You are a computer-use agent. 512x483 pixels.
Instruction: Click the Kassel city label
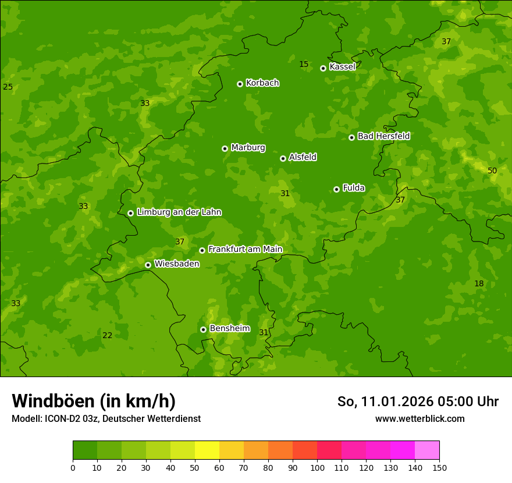pos(342,67)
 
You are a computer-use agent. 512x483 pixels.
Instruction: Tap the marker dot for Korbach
pos(240,84)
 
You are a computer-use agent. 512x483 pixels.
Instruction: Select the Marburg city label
pos(248,148)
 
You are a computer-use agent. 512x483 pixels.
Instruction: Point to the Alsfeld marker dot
pos(283,158)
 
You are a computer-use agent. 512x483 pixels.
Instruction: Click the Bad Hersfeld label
pos(383,136)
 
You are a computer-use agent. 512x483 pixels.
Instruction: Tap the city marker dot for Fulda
pos(336,189)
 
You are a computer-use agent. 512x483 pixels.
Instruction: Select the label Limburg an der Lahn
pos(179,212)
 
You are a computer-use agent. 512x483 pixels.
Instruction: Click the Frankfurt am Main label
pos(245,250)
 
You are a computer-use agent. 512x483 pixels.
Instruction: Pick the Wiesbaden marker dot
pos(148,265)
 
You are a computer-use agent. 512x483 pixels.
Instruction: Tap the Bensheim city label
pos(229,329)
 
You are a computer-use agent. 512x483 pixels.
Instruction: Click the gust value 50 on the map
pos(492,171)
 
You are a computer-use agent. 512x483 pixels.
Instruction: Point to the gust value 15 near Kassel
pos(304,64)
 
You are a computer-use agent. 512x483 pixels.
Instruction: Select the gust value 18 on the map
pos(479,283)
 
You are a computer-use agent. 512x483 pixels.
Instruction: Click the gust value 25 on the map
pos(8,87)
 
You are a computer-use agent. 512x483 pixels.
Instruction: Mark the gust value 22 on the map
pos(107,335)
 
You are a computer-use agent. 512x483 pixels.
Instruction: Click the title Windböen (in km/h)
pos(94,401)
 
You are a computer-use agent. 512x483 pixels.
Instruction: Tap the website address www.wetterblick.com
pos(419,418)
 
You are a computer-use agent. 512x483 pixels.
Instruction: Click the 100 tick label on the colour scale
pos(317,468)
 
